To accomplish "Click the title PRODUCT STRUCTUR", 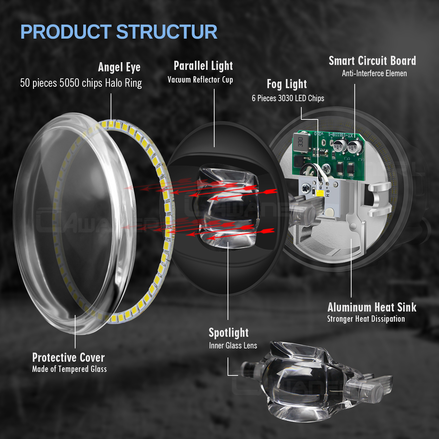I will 119,32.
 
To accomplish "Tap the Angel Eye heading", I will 119,67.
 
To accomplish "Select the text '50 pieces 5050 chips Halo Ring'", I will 81,83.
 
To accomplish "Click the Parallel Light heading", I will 203,66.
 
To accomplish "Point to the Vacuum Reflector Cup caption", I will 200,80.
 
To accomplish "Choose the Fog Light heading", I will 287,84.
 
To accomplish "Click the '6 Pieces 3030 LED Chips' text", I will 288,98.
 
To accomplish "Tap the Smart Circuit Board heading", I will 372,61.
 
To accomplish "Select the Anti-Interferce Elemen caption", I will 374,73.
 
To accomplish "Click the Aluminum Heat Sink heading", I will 372,308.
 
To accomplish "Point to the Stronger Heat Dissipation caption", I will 366,319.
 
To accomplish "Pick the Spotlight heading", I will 229,333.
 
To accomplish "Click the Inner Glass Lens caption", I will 233,346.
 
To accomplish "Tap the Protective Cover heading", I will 68,358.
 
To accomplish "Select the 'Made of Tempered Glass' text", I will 70,369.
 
